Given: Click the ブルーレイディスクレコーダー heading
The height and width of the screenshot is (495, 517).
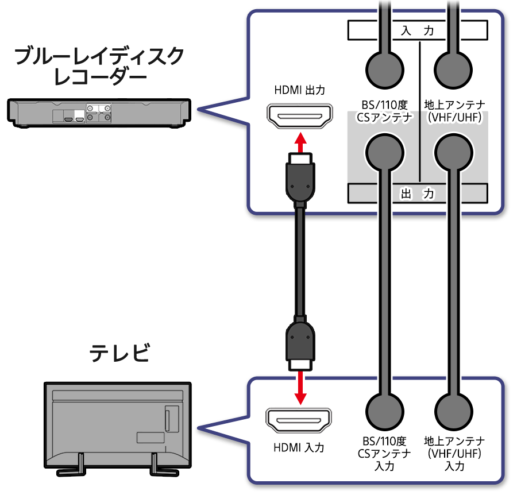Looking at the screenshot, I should click(98, 66).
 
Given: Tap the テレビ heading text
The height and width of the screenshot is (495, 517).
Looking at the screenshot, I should click(119, 352).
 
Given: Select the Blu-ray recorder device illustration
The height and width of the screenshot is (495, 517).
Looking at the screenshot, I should click(99, 112).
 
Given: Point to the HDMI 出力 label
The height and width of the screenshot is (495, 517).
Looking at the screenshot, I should click(299, 90).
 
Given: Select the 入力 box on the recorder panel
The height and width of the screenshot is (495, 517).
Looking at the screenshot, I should click(417, 30).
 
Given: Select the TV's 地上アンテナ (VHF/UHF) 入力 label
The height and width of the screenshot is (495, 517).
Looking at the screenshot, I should click(453, 454).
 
